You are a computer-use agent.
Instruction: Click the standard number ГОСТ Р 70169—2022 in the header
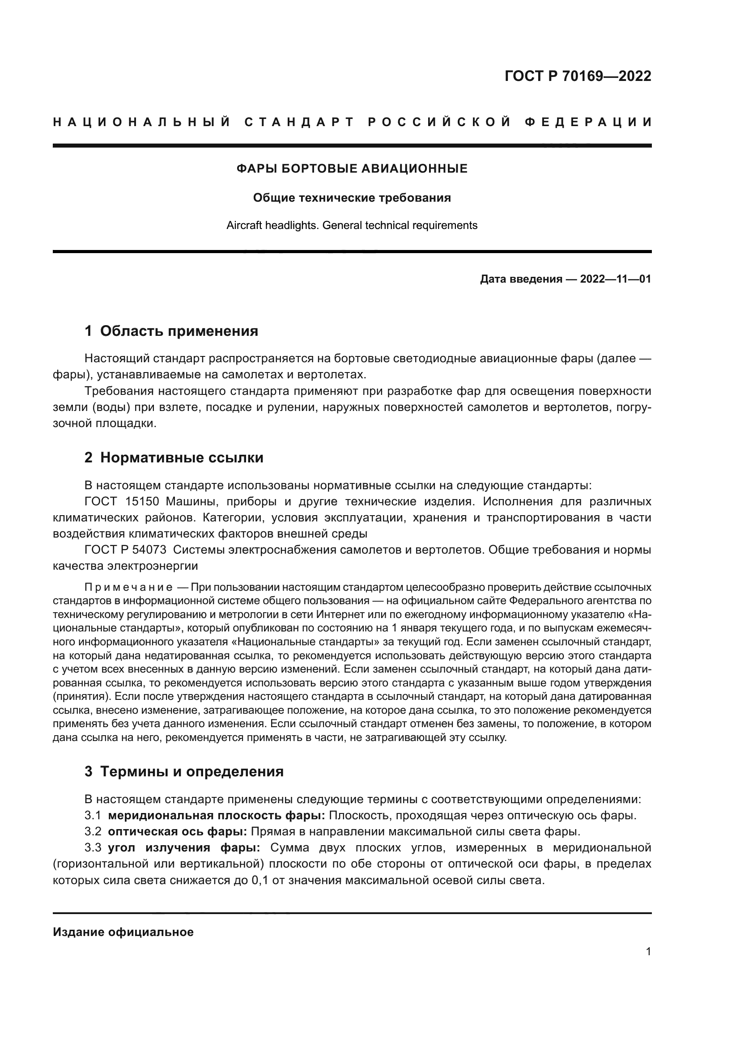578,76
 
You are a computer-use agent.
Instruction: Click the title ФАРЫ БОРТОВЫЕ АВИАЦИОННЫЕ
352,169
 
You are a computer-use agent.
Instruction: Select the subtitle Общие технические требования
352,198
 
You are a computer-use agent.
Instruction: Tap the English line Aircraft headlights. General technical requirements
352,225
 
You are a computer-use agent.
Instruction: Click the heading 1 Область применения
171,331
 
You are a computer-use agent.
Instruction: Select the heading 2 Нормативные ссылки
174,457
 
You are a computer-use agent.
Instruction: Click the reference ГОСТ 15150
122,502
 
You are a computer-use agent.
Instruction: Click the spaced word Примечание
128,587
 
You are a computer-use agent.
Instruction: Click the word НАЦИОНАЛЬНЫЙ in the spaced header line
142,122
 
